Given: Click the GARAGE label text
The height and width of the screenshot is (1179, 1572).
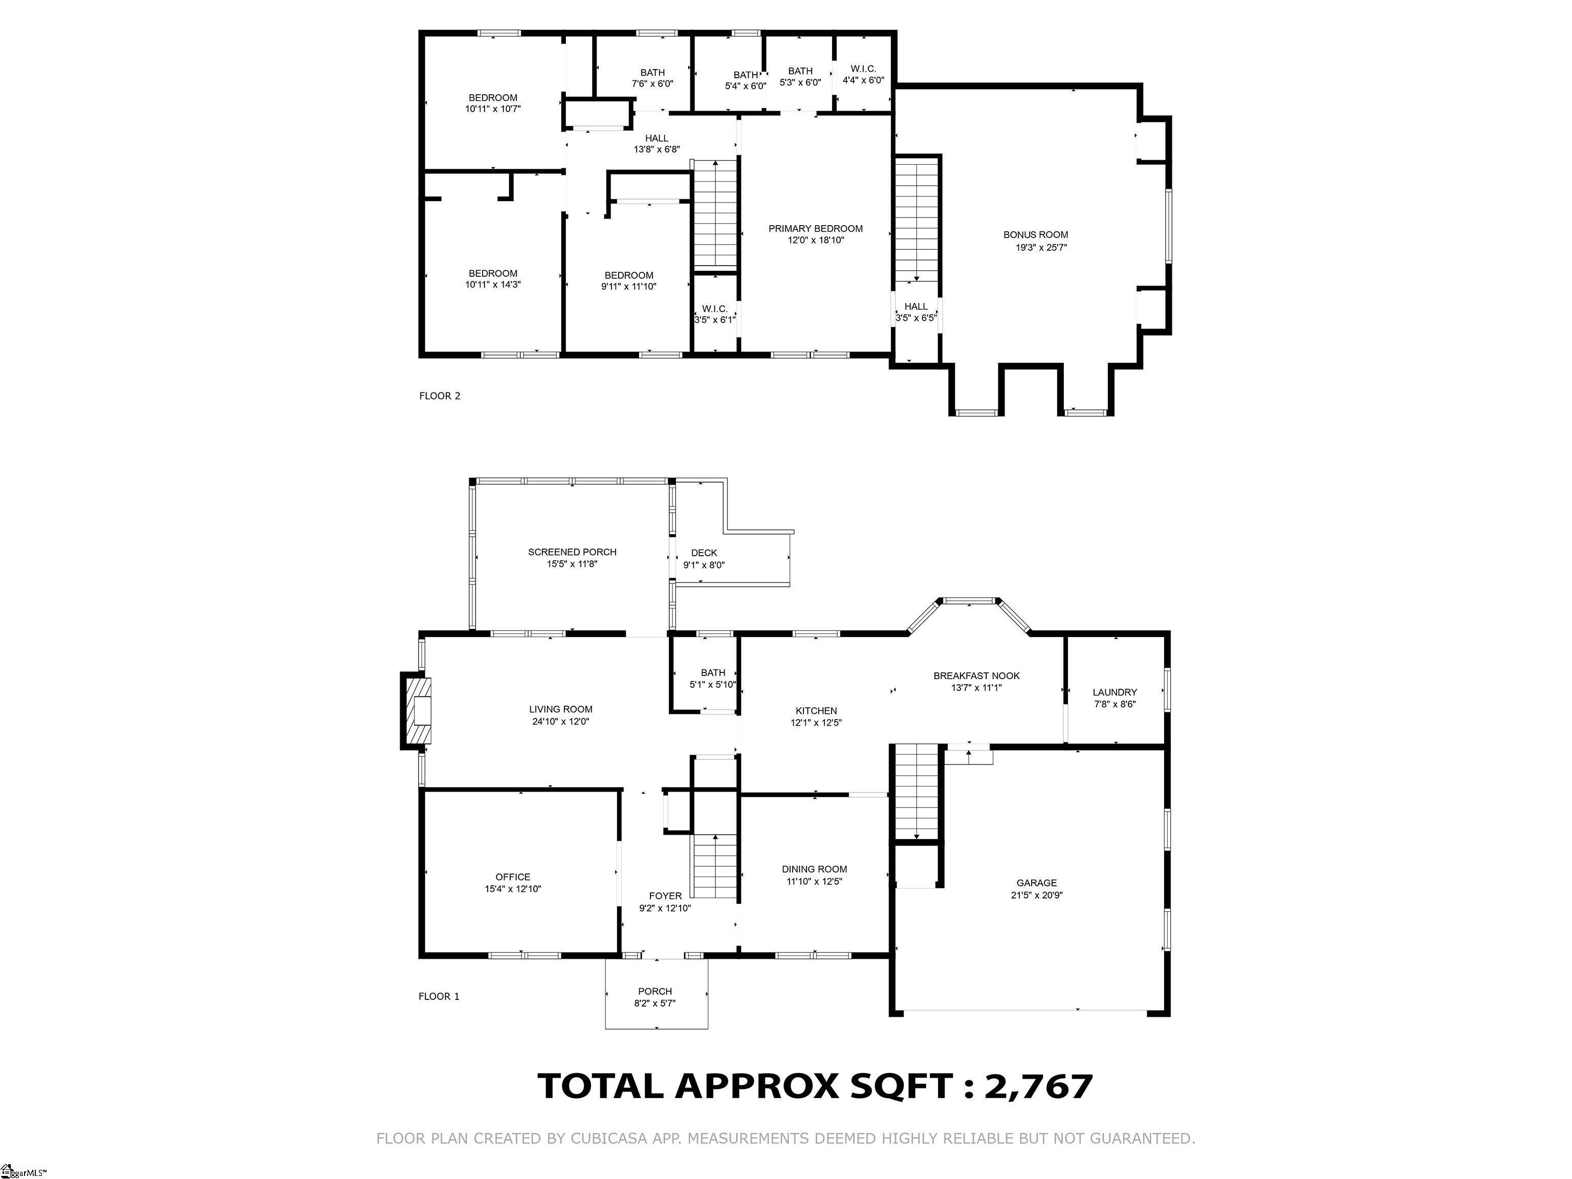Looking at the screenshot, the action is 1036,883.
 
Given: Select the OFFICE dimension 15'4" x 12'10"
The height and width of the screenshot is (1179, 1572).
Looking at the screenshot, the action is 513,888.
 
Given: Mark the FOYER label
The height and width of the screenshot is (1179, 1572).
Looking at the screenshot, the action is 665,896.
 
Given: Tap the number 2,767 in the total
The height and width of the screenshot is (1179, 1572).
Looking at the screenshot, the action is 1038,1086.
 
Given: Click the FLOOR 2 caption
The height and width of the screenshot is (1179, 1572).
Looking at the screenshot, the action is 440,396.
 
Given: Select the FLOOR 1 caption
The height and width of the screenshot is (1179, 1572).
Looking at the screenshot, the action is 439,996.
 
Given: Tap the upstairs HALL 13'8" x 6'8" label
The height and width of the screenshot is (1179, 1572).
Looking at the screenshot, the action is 657,144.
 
